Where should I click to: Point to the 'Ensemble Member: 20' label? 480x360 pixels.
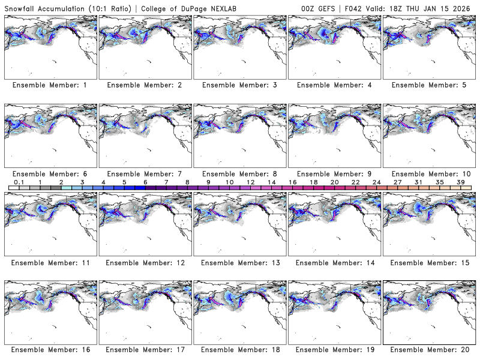(430, 349)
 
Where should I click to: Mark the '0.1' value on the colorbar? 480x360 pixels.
(19, 182)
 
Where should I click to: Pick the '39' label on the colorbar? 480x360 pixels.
(461, 182)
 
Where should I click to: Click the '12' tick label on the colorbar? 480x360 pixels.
(250, 182)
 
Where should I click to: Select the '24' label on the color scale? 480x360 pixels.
(376, 182)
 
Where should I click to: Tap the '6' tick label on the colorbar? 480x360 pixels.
(145, 182)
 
